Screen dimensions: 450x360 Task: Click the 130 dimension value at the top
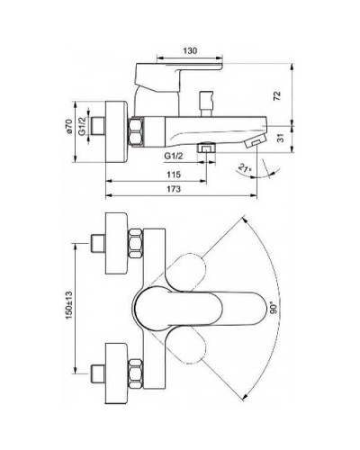pyautogui.click(x=188, y=50)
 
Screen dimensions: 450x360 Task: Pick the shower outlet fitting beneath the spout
pyautogui.click(x=206, y=147)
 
